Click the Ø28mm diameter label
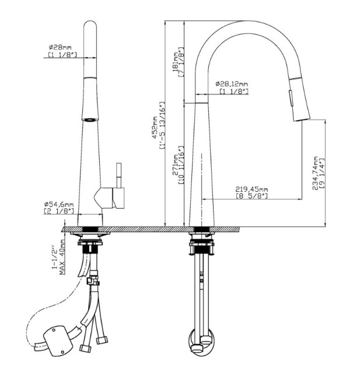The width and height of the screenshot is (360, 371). point(60,47)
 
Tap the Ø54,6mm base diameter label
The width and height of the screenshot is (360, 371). point(59,204)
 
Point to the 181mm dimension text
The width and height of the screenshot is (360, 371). point(176,62)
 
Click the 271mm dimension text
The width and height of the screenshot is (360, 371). point(176,165)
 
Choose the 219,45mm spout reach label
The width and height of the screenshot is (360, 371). point(251,189)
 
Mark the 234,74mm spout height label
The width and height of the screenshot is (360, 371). point(315,173)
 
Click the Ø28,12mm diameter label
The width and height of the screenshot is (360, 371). point(232,84)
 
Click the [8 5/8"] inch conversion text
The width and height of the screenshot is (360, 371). point(252,196)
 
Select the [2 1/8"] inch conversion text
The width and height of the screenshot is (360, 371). point(59,211)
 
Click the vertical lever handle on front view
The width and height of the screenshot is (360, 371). point(119,176)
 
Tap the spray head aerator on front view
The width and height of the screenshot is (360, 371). point(90,120)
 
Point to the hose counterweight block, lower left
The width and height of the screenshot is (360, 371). point(57,341)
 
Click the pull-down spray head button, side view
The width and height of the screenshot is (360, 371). point(291,97)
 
